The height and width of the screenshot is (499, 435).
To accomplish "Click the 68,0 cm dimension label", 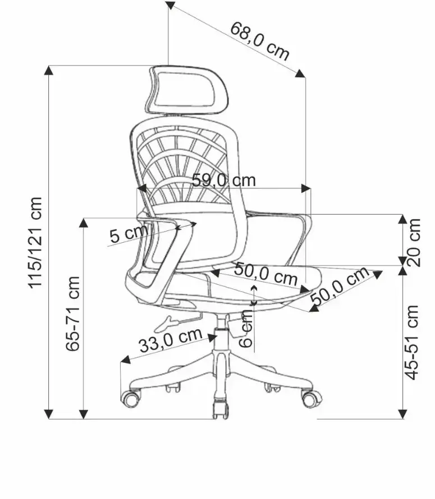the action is click(x=259, y=41).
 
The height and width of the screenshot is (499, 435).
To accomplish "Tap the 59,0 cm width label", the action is click(x=224, y=181).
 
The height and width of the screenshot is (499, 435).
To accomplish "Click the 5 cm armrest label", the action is click(x=129, y=234).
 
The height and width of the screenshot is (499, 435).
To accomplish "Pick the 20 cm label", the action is click(x=414, y=243).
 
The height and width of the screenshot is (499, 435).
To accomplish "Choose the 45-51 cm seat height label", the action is click(x=411, y=343).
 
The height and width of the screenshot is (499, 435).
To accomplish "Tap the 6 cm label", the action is click(x=246, y=329).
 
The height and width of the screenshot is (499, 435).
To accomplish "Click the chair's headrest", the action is click(x=188, y=90).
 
